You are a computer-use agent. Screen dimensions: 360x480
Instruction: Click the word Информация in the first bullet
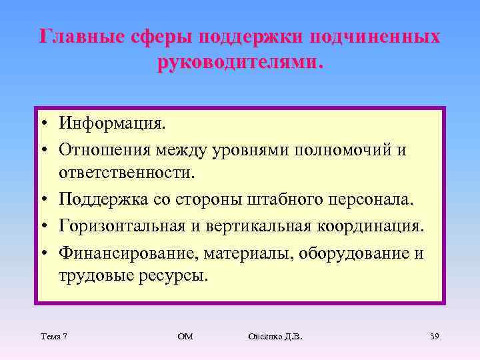[111, 123]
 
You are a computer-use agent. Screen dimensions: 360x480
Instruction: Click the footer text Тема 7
[53, 336]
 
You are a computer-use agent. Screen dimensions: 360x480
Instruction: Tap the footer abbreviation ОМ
[185, 336]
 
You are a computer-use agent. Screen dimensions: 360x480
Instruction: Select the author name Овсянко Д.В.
[275, 336]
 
